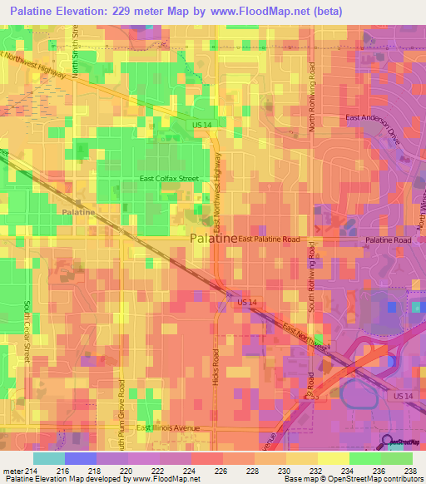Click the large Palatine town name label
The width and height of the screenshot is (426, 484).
click(x=213, y=238)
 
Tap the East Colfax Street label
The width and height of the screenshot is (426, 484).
click(x=169, y=179)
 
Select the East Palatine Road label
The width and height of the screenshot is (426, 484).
click(x=269, y=239)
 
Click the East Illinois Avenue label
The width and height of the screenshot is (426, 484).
click(x=169, y=427)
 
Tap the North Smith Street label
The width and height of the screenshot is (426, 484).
click(x=75, y=50)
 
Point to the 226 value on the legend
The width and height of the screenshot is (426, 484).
click(x=222, y=471)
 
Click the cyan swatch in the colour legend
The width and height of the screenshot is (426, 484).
click(x=48, y=458)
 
